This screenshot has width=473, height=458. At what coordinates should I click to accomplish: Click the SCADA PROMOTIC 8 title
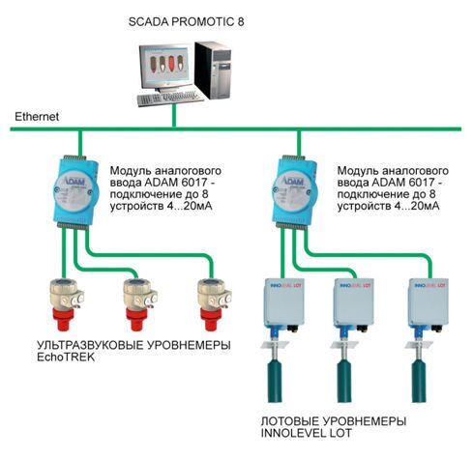tap(186, 21)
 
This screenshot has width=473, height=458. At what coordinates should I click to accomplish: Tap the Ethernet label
tap(37, 117)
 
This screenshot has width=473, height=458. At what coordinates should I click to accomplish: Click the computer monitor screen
tap(164, 66)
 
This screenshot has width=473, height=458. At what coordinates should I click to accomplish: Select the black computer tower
tap(213, 70)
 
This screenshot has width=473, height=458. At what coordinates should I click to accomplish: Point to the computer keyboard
tap(170, 98)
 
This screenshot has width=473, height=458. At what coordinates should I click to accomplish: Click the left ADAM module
tap(75, 192)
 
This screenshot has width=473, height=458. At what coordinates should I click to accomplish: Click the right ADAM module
tap(294, 192)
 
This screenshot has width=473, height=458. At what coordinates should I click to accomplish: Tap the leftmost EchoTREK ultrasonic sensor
tap(66, 303)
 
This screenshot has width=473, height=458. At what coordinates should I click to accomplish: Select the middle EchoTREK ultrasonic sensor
tap(140, 303)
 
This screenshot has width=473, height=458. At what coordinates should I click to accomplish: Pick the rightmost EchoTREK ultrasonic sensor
tap(214, 303)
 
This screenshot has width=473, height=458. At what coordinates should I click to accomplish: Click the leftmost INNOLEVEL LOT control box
tap(283, 302)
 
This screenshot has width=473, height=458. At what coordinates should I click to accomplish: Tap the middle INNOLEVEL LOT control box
tap(353, 302)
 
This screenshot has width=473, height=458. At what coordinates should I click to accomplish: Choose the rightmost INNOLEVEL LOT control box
tap(429, 302)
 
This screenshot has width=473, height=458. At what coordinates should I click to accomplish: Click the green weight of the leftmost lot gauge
tap(275, 381)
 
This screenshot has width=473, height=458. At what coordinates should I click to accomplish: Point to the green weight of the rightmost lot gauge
tap(419, 381)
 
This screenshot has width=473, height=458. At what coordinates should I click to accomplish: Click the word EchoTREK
tap(66, 358)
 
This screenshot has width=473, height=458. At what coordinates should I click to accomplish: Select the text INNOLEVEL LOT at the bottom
tap(306, 433)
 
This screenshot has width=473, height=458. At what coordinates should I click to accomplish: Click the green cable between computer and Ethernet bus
tap(174, 115)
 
